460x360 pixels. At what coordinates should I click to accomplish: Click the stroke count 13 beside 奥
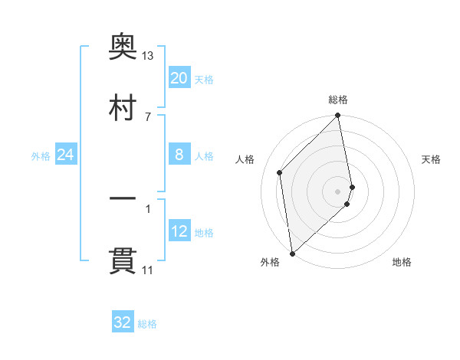(x=148, y=56)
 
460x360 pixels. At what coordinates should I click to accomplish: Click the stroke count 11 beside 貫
(x=148, y=270)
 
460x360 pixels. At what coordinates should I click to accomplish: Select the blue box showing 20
(x=179, y=78)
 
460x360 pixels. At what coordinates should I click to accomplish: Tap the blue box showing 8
(x=179, y=155)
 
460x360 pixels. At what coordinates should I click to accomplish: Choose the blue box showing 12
(x=179, y=231)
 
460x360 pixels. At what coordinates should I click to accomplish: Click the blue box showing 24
(x=65, y=155)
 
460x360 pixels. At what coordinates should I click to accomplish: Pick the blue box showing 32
(x=123, y=322)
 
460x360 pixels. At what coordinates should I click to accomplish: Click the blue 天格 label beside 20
(x=204, y=80)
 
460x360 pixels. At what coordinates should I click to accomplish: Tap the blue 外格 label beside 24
(x=41, y=156)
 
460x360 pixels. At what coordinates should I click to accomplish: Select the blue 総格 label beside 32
(x=147, y=324)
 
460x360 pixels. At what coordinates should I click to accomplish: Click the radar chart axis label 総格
(x=338, y=100)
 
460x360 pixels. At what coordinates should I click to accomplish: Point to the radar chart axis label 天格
(x=431, y=159)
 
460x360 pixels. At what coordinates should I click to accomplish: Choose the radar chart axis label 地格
(x=402, y=262)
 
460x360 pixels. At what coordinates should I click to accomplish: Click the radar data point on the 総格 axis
(x=338, y=116)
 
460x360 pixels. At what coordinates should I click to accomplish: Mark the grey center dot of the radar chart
(x=338, y=191)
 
